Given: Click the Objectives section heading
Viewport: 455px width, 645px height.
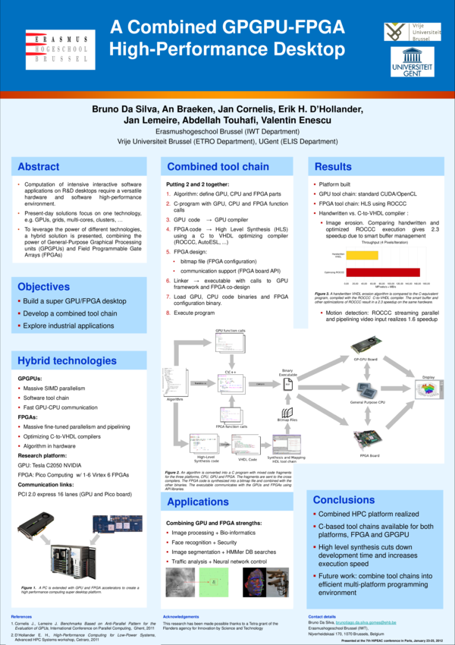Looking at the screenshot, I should coord(44,287).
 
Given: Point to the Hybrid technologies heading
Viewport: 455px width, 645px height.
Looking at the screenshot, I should coord(67,360).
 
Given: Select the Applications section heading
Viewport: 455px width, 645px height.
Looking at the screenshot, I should coord(198,502).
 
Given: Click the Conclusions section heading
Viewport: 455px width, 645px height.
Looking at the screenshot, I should coord(344,499).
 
